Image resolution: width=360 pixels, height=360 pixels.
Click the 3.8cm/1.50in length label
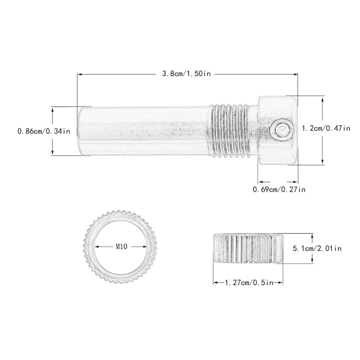pos(187,74)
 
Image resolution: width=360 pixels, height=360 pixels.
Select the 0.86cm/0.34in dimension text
pos(44,131)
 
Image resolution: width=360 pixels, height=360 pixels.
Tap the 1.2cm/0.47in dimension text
pos(326,128)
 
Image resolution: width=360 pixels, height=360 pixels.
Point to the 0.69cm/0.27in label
pos(279,190)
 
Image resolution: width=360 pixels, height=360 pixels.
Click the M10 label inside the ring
pos(121,247)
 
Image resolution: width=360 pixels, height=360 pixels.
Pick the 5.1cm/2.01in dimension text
pos(317,248)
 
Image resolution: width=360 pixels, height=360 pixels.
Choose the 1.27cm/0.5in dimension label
pos(249,283)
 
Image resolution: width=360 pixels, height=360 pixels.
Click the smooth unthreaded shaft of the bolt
pos(144,131)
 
